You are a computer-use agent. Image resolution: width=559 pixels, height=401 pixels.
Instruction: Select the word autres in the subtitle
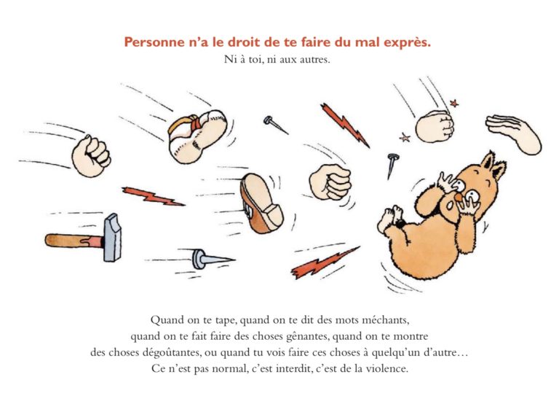pyautogui.click(x=314, y=59)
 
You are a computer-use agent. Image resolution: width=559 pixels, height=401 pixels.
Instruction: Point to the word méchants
pyautogui.click(x=385, y=319)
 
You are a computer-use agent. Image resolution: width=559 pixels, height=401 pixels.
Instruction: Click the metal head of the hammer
pyautogui.click(x=112, y=238)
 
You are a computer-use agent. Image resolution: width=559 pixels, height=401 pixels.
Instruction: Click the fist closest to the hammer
pyautogui.click(x=91, y=156)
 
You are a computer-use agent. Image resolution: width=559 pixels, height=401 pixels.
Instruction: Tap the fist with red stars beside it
pyautogui.click(x=435, y=126)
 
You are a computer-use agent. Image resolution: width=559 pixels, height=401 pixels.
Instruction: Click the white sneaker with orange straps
pyautogui.click(x=197, y=136)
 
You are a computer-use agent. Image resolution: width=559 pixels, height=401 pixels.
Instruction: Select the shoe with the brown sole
pyautogui.click(x=261, y=203)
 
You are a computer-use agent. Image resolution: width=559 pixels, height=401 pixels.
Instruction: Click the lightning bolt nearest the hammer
pyautogui.click(x=153, y=196)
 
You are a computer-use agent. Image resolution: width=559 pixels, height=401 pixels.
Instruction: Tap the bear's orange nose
pyautogui.click(x=458, y=197)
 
